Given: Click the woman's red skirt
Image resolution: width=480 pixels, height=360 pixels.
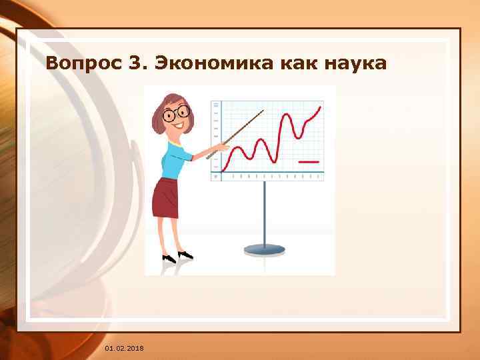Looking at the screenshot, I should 166,198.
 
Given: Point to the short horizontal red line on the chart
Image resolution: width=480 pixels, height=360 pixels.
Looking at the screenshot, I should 309,162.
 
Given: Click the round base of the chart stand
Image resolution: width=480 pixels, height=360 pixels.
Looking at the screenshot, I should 265,250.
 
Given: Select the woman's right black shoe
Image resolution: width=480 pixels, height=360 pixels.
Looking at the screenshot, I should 185,255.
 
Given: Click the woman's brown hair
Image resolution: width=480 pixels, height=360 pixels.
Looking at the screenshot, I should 161,113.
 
